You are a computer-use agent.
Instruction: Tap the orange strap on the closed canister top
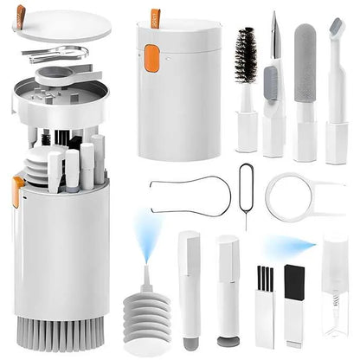click(x=155, y=17)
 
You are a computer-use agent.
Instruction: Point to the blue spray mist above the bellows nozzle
click(x=145, y=232)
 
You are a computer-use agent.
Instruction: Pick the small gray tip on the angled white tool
click(x=336, y=25)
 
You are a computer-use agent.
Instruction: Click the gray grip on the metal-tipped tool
click(x=271, y=83)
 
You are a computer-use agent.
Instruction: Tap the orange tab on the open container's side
click(x=18, y=190)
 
